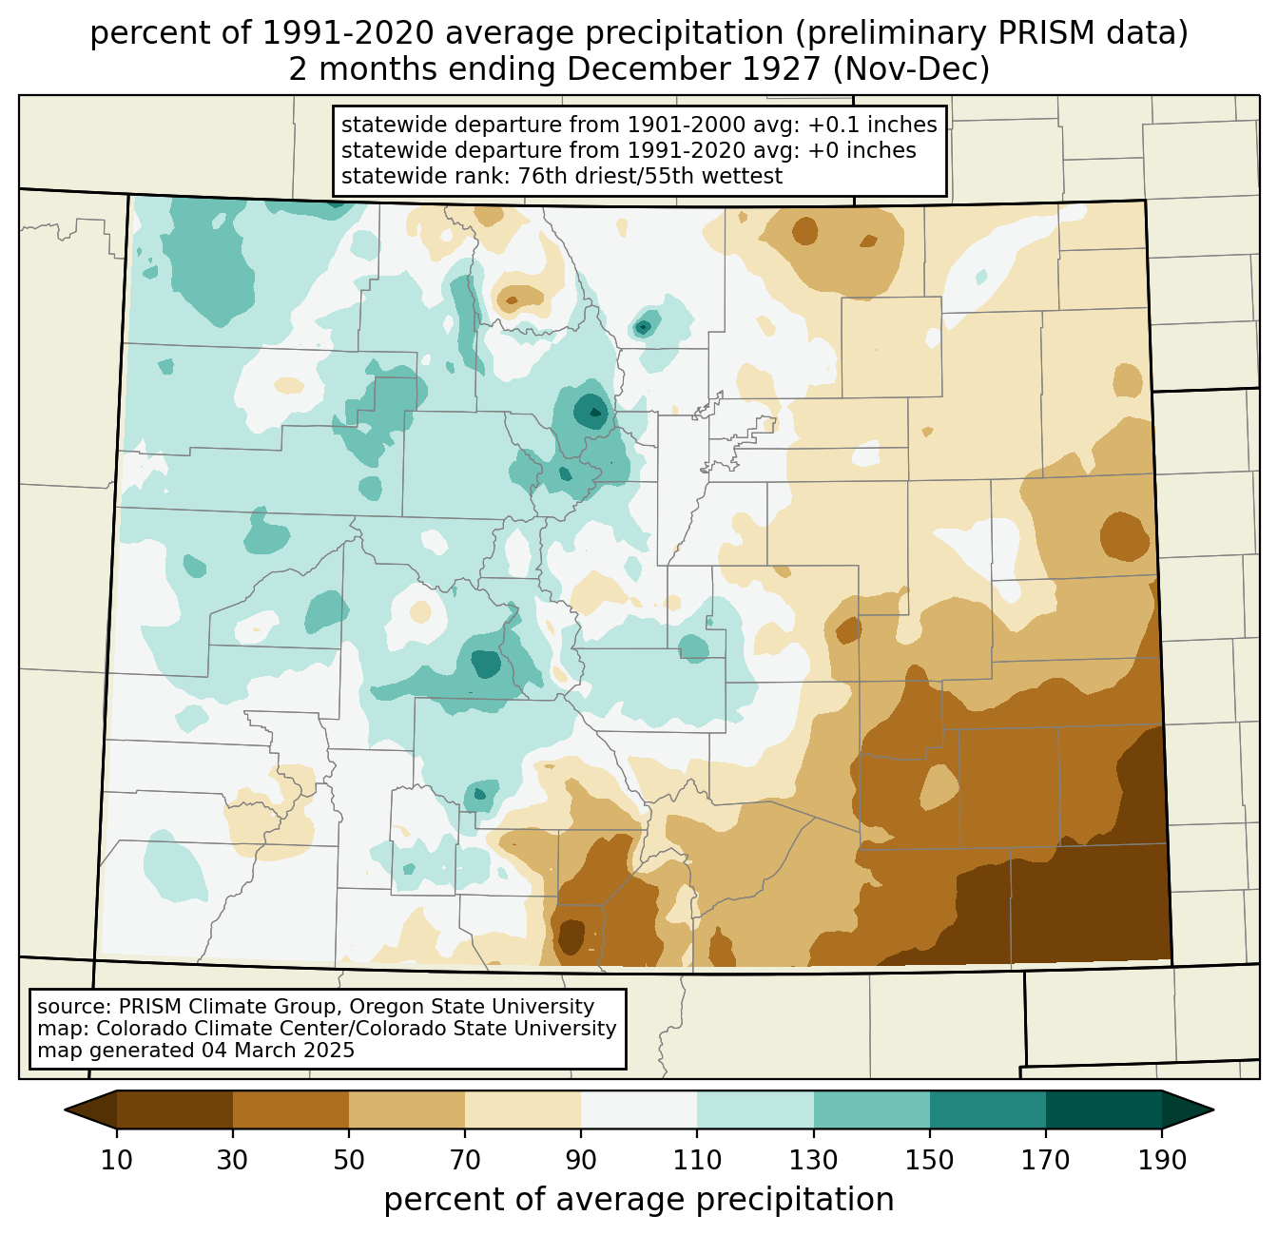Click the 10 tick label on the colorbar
[116, 1161]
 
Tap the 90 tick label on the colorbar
[581, 1161]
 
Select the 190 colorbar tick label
[1162, 1161]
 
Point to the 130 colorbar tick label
[813, 1161]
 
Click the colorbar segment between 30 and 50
[290, 1110]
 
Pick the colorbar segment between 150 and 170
[988, 1110]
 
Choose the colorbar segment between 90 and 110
[639, 1110]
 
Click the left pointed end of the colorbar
[66, 1110]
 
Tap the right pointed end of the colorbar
[1212, 1110]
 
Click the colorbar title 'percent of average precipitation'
[639, 1200]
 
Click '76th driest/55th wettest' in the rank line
[650, 176]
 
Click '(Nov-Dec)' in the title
[911, 68]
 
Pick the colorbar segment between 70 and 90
[523, 1110]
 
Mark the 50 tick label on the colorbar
[349, 1161]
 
